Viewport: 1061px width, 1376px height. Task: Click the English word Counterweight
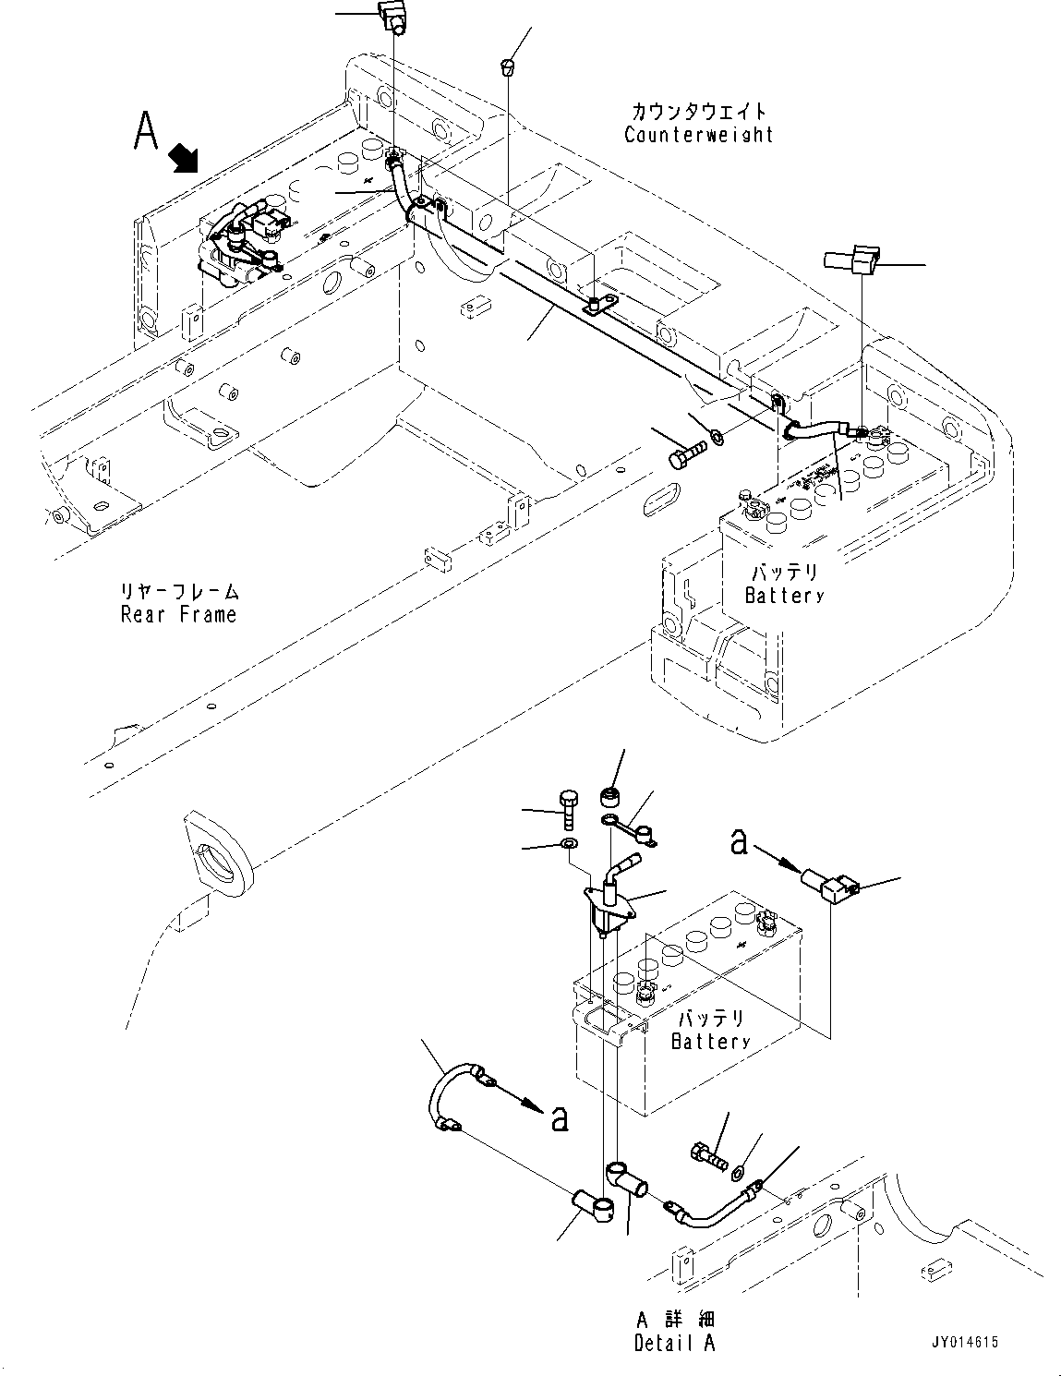tap(698, 135)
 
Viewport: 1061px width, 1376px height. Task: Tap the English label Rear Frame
tap(178, 615)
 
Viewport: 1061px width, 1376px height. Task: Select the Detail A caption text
tap(674, 1343)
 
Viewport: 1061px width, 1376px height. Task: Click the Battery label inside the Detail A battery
tap(710, 1042)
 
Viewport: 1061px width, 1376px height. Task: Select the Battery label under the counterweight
tap(783, 596)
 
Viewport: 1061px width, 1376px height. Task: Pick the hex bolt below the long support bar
tap(683, 455)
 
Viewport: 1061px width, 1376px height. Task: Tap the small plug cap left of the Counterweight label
tap(508, 66)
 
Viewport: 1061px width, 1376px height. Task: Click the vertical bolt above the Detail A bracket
tap(567, 810)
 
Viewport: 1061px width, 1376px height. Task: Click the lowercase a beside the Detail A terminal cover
tap(739, 841)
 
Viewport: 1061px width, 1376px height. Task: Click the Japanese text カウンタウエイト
tap(698, 111)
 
